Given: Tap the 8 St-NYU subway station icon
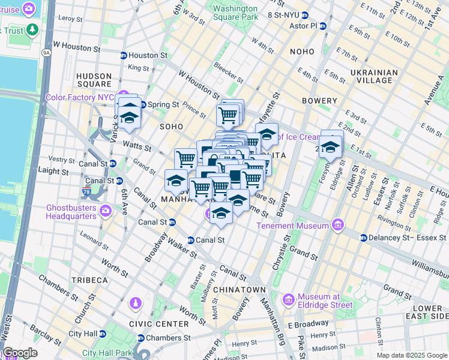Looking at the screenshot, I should [x=305, y=14].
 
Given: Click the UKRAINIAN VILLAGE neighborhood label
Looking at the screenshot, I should [x=374, y=76].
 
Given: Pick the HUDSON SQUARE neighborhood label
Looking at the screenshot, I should [x=94, y=80].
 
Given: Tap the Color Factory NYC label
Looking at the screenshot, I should [x=80, y=97].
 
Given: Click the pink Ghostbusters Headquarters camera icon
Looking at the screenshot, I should [x=106, y=211].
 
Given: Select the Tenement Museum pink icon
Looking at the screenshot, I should [x=338, y=226].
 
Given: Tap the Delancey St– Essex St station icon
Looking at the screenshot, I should [x=363, y=238].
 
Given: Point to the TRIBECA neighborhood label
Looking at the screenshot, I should [x=88, y=280].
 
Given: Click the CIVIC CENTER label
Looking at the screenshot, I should [x=162, y=324].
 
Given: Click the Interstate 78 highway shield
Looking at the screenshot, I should [x=87, y=192].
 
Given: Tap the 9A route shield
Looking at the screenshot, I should [x=46, y=53].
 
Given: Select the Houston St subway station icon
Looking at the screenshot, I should [x=123, y=55].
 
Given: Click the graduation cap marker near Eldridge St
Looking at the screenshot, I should [x=330, y=146].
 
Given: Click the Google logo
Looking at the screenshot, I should [x=19, y=353].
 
